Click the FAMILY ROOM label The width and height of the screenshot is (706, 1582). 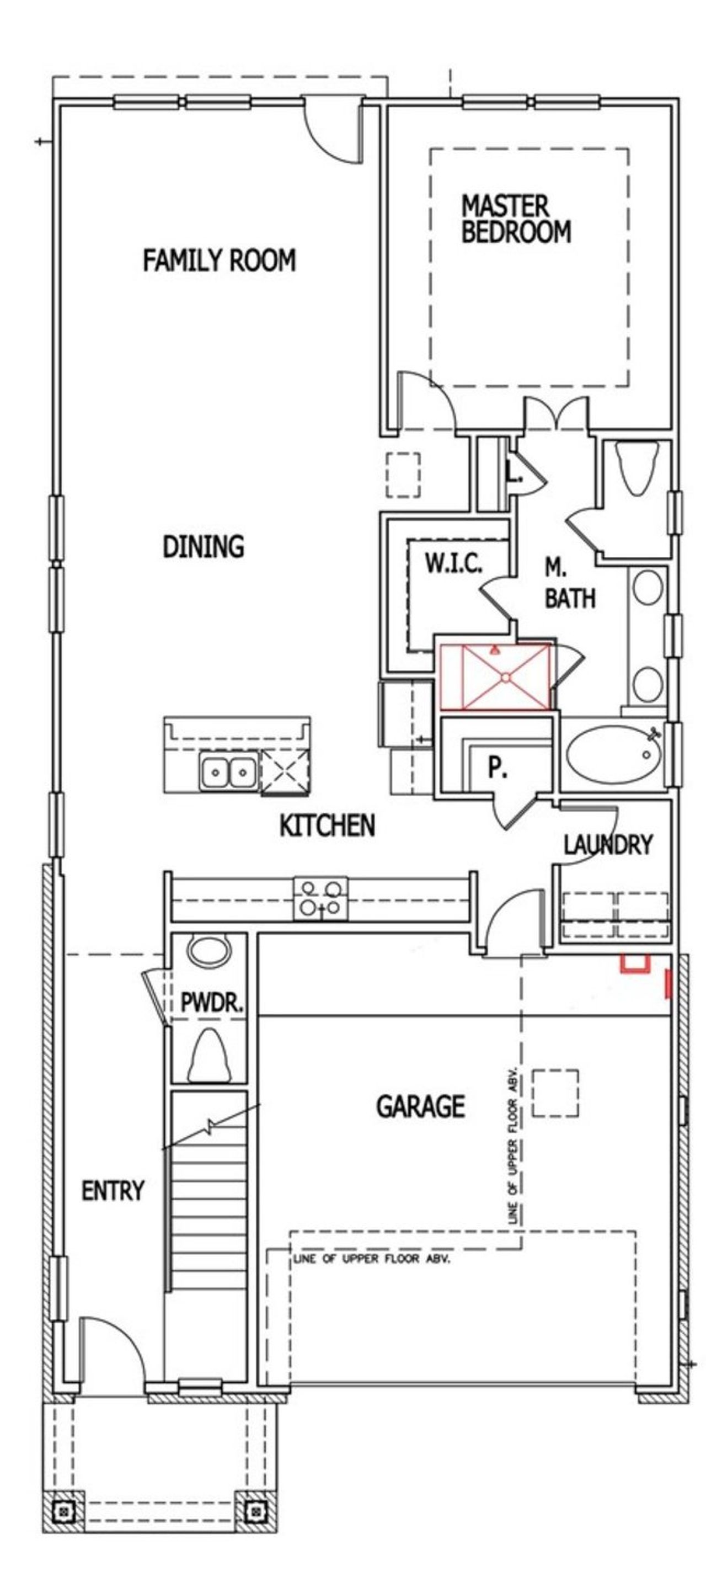pos(219,260)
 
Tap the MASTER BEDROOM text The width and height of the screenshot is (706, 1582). pos(516,219)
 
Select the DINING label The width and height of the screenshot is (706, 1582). pos(203,547)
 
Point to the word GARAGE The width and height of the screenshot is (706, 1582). pos(420,1107)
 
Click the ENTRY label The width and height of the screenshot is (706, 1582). pos(113,1191)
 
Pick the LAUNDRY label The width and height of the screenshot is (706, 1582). pos(607,845)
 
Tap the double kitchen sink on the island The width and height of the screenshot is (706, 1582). pos(228,771)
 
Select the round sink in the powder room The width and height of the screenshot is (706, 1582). pos(210,951)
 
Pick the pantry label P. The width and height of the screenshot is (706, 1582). pos(498,768)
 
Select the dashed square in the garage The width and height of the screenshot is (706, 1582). pos(554,1093)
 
